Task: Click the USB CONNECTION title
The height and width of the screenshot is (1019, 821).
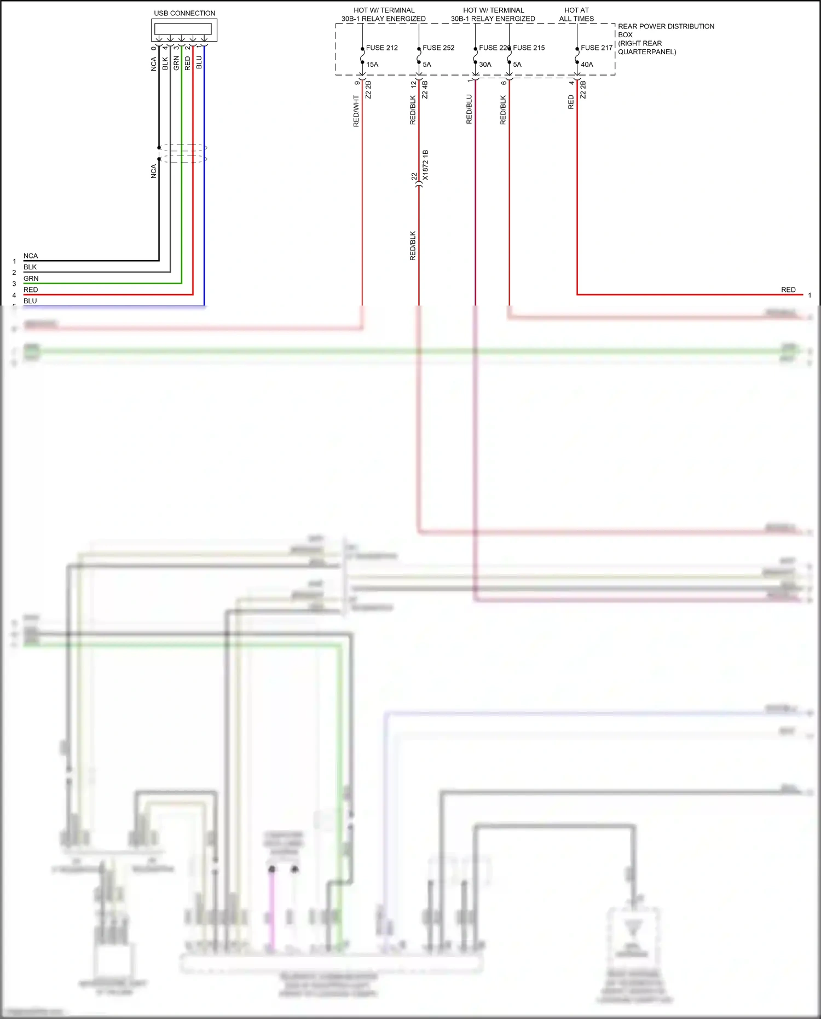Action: tap(184, 13)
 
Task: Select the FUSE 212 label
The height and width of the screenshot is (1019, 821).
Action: tap(381, 48)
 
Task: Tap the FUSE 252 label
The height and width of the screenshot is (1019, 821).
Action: tap(438, 48)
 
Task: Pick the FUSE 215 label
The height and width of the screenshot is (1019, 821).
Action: tap(529, 48)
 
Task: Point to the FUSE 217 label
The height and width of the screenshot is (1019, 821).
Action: tap(597, 48)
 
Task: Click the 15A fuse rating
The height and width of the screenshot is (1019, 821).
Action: tap(372, 65)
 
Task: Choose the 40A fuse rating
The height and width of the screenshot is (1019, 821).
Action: tap(587, 65)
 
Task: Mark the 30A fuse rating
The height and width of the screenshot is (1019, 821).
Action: tap(485, 65)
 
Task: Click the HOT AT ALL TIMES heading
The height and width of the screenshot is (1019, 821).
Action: tap(576, 14)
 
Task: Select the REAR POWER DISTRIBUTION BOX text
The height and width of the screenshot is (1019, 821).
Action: tap(666, 30)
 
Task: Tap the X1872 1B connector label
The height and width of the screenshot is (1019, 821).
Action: tap(425, 165)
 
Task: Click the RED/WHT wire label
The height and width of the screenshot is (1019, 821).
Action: tap(356, 111)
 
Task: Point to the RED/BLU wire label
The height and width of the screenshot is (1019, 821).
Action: tap(469, 109)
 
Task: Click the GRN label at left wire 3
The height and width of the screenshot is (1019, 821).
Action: tap(31, 279)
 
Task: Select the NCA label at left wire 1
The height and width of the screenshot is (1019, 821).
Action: tap(31, 256)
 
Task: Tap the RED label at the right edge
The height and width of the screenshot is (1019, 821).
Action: tap(788, 290)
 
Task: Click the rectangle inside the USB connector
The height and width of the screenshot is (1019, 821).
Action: tap(183, 28)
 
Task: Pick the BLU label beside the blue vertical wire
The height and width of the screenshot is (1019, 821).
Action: tap(199, 62)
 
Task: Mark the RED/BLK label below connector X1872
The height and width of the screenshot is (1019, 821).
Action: tap(413, 245)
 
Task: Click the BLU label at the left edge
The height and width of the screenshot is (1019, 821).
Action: tap(30, 301)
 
